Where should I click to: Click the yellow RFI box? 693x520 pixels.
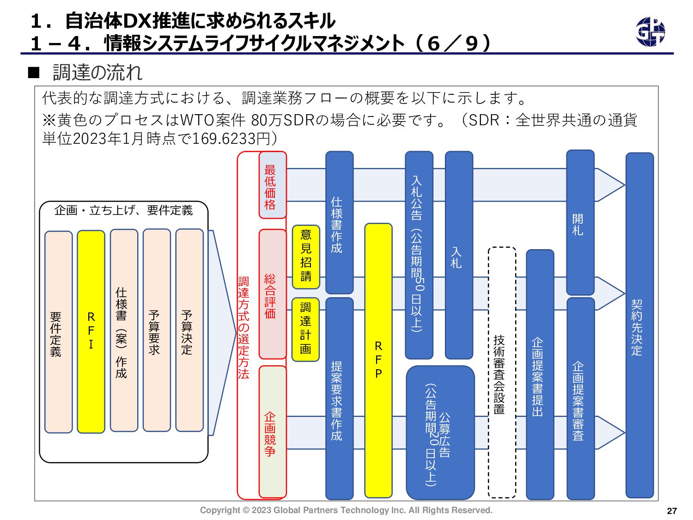[x=91, y=331]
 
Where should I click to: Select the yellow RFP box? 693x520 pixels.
[x=378, y=360]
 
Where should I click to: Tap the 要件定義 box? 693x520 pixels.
[x=58, y=332]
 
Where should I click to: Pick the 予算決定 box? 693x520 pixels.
[x=189, y=330]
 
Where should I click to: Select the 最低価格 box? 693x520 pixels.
[x=273, y=185]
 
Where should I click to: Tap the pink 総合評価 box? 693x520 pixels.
[x=273, y=294]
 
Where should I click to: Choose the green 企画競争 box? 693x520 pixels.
[x=273, y=431]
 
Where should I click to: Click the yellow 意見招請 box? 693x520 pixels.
[x=306, y=257]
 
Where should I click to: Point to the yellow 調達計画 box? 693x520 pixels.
[x=306, y=329]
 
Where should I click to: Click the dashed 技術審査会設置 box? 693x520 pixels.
[x=502, y=373]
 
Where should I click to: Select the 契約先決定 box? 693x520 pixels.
[x=639, y=325]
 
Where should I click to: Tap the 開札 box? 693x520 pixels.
[x=580, y=222]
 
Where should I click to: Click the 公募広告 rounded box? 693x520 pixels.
[x=440, y=433]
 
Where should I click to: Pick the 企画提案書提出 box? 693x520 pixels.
[x=540, y=374]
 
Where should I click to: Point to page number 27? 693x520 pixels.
[x=672, y=511]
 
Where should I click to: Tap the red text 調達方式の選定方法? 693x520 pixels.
[x=243, y=328]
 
